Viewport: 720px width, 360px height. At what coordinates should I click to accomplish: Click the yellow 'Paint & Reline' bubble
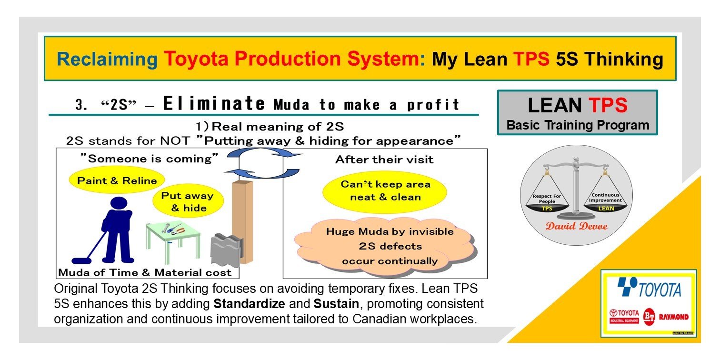pyautogui.click(x=117, y=181)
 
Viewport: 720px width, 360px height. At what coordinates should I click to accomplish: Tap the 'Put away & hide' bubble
pyautogui.click(x=187, y=202)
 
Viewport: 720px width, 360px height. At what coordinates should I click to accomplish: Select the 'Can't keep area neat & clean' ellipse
pyautogui.click(x=385, y=190)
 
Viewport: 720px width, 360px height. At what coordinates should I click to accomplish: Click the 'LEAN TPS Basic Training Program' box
pyautogui.click(x=577, y=113)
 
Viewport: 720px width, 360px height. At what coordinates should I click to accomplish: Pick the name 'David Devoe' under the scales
pyautogui.click(x=576, y=226)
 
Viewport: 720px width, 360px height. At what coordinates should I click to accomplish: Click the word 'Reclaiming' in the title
pyautogui.click(x=107, y=59)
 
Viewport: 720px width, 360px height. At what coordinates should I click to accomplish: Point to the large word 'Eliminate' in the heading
pyautogui.click(x=213, y=103)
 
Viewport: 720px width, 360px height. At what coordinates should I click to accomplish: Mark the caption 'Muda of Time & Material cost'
pyautogui.click(x=144, y=273)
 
